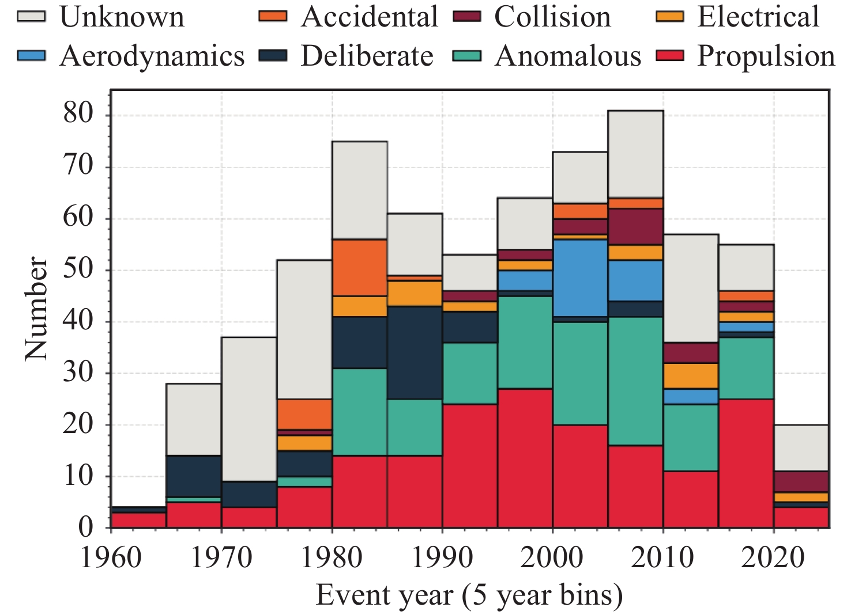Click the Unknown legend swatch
31,16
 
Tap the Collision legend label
552,17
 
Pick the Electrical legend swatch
670,16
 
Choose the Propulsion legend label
766,56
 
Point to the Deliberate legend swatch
273,56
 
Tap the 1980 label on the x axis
332,557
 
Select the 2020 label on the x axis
774,557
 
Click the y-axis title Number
36,309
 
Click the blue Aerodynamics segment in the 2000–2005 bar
580,278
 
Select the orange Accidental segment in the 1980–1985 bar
360,267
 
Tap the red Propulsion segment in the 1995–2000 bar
525,458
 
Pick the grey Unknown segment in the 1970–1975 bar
249,409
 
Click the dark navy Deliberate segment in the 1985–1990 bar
415,352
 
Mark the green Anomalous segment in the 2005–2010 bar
635,381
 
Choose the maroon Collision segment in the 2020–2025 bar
801,481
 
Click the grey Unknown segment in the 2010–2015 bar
691,288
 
